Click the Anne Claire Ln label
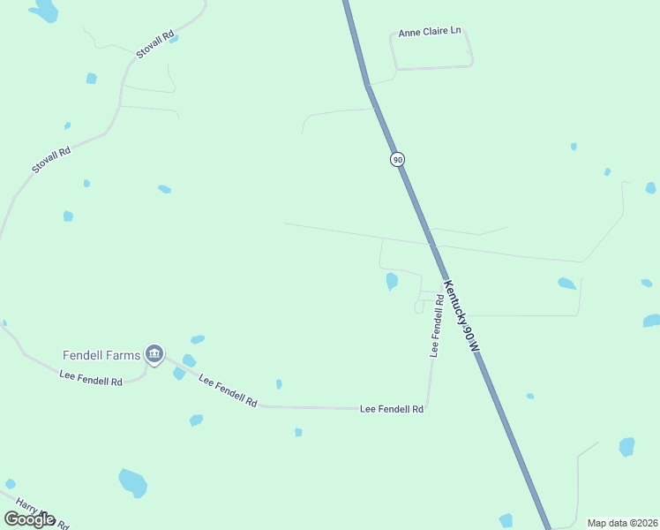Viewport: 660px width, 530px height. click(430, 32)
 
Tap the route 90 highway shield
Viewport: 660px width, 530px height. click(397, 159)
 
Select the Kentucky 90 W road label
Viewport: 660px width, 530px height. click(461, 317)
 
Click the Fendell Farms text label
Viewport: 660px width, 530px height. click(101, 355)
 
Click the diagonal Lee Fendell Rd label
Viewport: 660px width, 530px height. click(228, 390)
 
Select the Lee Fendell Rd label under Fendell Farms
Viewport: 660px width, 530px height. click(90, 380)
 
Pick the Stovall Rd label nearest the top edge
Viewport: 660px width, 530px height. click(154, 45)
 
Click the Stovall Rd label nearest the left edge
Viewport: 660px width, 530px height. click(50, 160)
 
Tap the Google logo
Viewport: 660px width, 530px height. click(29, 519)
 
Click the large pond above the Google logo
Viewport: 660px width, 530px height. click(132, 482)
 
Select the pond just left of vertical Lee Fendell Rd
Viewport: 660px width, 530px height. click(391, 281)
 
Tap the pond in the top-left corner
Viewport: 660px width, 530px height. click(43, 11)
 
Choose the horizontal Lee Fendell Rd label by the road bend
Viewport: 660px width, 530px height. click(392, 409)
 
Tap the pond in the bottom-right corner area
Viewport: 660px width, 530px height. click(626, 447)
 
